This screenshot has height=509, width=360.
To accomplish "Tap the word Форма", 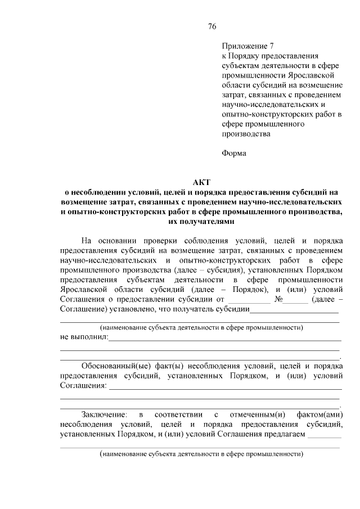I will coord(234,152).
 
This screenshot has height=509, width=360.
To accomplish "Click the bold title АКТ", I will coord(201,182).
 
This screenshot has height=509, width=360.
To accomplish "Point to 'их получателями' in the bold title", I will coord(201,222).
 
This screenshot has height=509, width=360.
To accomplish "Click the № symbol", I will coord(278,299).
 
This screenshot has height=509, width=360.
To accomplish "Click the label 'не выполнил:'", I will coord(83,337).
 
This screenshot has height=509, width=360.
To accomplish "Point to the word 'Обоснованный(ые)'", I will coord(113,366).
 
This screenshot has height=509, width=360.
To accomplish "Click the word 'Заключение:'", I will coord(104,415).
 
